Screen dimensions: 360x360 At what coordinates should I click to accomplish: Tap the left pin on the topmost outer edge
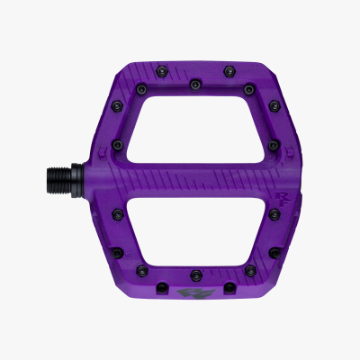tap(166, 67)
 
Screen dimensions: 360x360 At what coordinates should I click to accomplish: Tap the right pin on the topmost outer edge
tap(226, 67)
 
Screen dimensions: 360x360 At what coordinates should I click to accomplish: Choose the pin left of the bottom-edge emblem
tap(165, 291)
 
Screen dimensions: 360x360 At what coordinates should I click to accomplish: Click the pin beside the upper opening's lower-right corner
tap(271, 143)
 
